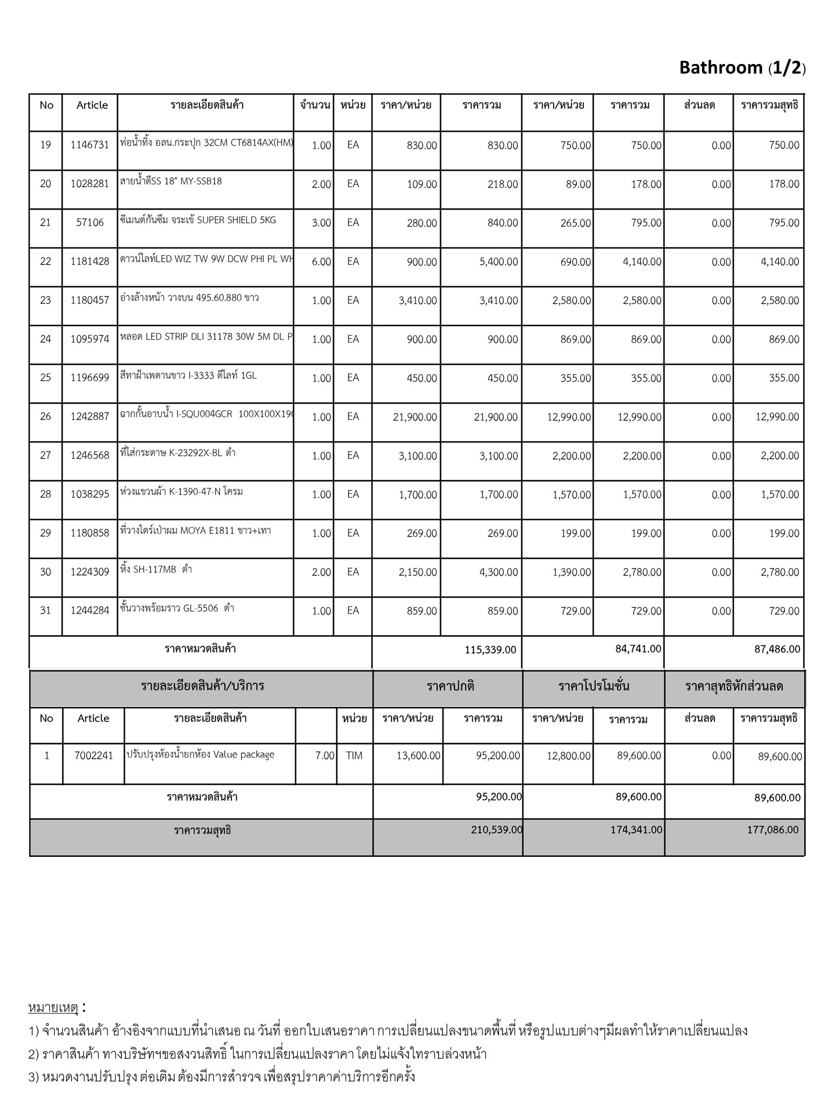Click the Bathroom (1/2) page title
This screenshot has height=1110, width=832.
point(742,68)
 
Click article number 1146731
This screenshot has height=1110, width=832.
point(90,145)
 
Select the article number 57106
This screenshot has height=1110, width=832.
point(90,223)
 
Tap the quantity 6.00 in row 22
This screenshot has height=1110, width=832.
point(321,262)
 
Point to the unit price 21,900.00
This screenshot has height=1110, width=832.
point(415,417)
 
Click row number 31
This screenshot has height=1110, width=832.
point(45,611)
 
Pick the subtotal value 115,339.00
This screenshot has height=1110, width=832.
point(490,650)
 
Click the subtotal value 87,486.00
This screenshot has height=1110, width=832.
point(777,649)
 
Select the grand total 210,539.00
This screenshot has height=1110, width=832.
point(497,830)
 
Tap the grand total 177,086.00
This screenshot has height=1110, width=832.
point(772,830)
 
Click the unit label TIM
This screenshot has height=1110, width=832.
point(354,756)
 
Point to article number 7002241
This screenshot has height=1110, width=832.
point(94,756)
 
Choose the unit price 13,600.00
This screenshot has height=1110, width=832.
point(418,756)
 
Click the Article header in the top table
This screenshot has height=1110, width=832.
point(92,105)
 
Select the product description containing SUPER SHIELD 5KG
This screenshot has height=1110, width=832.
point(198,220)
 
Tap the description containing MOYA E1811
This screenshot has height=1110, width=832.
point(196,531)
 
